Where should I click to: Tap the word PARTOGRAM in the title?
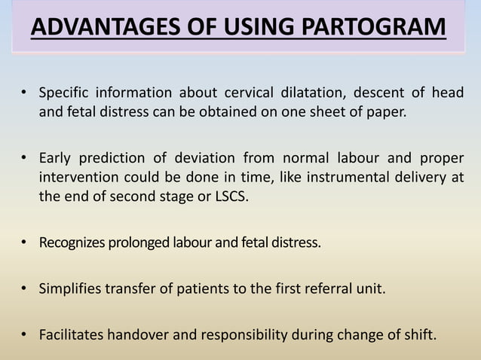[379, 29]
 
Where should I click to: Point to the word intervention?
[75, 177]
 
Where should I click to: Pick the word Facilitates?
[71, 334]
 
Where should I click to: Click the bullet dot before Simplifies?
[25, 288]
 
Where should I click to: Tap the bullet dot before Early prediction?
[25, 158]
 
